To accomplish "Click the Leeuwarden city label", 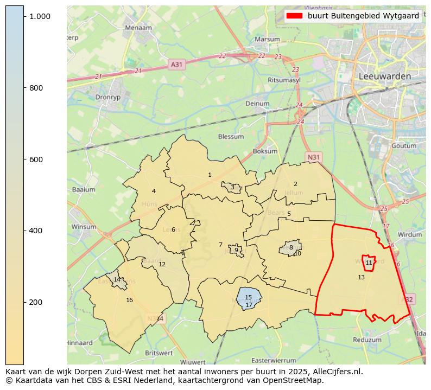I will pyautogui.click(x=384, y=76).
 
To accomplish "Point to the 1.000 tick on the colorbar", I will pyautogui.click(x=40, y=17).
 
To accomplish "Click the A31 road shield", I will pyautogui.click(x=176, y=64).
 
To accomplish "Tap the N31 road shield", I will pyautogui.click(x=313, y=157).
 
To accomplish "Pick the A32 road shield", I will pyautogui.click(x=408, y=299).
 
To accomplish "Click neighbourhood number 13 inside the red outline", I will pyautogui.click(x=361, y=277).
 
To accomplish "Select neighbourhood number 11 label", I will pyautogui.click(x=369, y=263).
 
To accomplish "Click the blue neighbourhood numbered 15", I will pyautogui.click(x=248, y=297).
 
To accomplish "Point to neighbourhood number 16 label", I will pyautogui.click(x=129, y=300).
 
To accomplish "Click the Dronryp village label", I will pyautogui.click(x=106, y=98).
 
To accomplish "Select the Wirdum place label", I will pyautogui.click(x=409, y=235).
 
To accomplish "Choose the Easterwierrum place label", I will pyautogui.click(x=275, y=360).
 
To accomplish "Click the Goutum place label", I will pyautogui.click(x=403, y=146).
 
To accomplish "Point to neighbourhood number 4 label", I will pyautogui.click(x=154, y=191).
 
